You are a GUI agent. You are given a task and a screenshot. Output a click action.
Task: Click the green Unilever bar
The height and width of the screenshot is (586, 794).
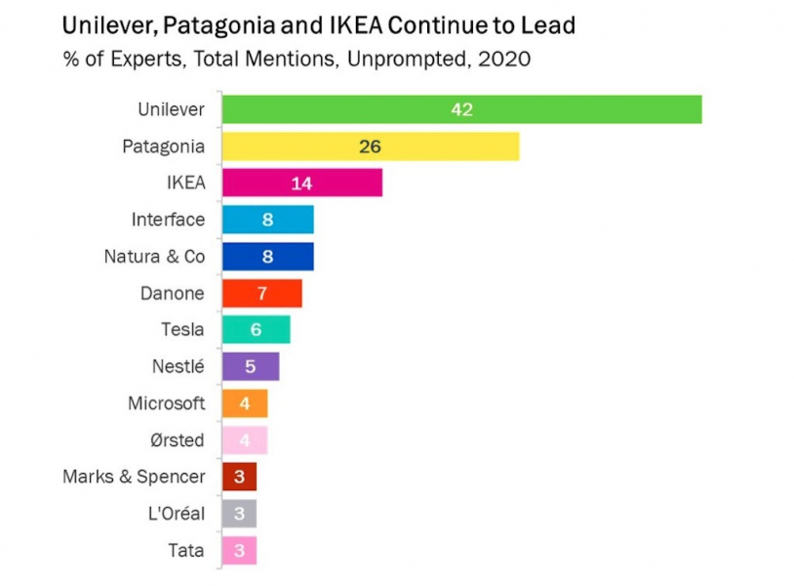coord(461,109)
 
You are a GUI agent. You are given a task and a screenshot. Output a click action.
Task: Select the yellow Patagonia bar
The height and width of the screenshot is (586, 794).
coord(370,146)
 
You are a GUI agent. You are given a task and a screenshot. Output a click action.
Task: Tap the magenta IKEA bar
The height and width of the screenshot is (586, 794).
coord(301,183)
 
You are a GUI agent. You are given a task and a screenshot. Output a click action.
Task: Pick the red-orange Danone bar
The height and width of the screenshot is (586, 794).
coord(261,293)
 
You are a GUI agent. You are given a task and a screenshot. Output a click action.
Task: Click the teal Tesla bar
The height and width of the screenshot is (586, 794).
coord(256,330)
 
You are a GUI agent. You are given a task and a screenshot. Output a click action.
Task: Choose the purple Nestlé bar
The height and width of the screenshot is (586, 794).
coord(250,366)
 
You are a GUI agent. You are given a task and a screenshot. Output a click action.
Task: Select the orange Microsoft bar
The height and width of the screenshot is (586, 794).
coord(244,403)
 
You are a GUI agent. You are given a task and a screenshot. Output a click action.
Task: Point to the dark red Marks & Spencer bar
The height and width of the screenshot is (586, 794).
coord(239,477)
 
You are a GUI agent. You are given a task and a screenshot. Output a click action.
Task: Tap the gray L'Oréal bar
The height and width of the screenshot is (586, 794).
coord(239,514)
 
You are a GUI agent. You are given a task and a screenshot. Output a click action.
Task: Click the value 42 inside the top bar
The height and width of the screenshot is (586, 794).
coord(461,109)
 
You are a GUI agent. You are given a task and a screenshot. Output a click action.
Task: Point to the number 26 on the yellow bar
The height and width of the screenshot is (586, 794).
coord(370,146)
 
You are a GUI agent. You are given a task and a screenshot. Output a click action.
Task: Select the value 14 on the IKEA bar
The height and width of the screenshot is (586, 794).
coord(301,183)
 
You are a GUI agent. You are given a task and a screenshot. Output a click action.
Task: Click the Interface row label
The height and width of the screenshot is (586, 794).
coord(168,220)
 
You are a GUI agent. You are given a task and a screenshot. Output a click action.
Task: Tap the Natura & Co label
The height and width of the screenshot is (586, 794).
coord(154,257)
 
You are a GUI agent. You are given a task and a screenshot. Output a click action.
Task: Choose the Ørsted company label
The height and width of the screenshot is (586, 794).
coord(177,440)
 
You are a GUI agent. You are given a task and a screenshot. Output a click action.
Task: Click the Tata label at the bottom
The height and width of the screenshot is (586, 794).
coord(185,551)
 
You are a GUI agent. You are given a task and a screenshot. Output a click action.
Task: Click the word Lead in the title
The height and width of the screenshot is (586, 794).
coord(549,23)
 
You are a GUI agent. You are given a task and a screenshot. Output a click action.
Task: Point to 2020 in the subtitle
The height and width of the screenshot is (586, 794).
coord(504,60)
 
